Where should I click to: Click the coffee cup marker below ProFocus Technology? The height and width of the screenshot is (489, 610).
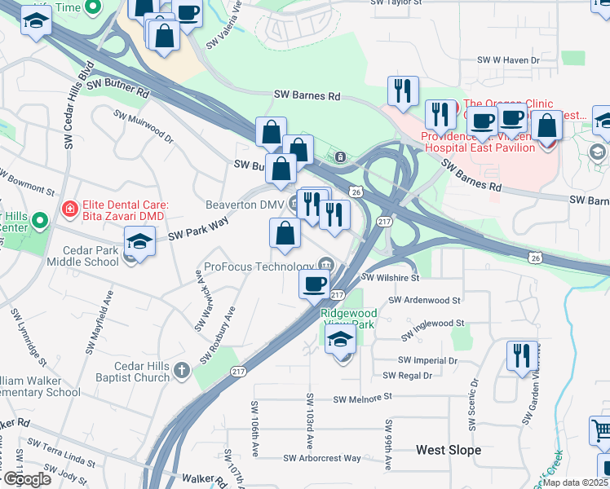tap(314, 284)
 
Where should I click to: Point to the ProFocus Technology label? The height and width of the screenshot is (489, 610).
tap(259, 267)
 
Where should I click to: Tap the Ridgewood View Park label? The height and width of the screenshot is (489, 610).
tap(348, 318)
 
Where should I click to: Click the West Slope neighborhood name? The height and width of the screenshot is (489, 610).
tap(449, 450)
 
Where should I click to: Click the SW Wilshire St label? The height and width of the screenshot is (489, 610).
tap(390, 277)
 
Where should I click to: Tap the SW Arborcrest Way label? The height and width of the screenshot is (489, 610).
tap(322, 458)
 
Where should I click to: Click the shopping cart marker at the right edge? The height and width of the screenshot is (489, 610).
tap(601, 430)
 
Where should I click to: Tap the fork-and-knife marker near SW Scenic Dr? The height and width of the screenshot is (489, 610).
tap(521, 356)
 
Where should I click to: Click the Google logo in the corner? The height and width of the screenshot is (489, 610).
tap(26, 479)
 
